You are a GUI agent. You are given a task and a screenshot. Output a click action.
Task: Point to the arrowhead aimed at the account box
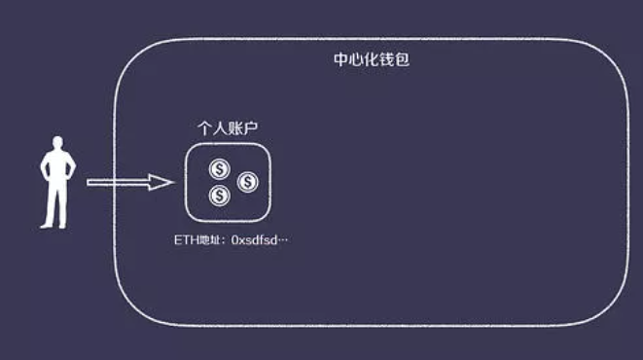[x=161, y=182]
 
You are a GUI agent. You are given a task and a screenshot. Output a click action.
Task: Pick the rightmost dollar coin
[x=247, y=182]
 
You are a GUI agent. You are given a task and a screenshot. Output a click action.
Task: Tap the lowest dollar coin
[x=219, y=196]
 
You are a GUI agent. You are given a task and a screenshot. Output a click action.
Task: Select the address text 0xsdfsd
[x=254, y=239]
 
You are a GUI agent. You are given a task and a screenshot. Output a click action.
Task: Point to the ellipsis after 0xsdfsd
[x=283, y=239]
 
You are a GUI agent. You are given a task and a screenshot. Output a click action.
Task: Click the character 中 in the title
[x=340, y=59]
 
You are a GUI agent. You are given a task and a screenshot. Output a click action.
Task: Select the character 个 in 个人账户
[x=203, y=128]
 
